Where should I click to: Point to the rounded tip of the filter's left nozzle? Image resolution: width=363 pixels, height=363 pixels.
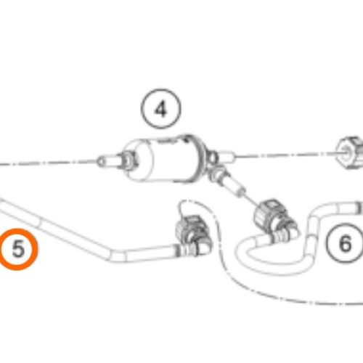(99, 161)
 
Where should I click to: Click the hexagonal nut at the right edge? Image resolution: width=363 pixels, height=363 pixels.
(350, 152)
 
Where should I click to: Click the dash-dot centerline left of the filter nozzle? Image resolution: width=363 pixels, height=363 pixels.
(48, 163)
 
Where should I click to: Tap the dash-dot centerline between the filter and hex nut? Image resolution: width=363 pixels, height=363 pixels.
(285, 155)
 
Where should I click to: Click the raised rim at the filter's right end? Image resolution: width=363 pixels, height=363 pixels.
(199, 158)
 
